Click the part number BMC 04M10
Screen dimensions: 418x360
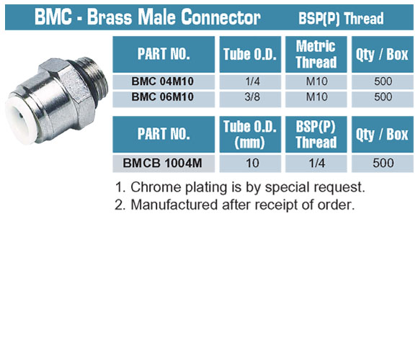[x=163, y=81]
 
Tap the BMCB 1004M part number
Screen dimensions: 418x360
[x=162, y=163]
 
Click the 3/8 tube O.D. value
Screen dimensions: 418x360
[x=252, y=96]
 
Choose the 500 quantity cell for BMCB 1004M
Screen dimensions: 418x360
[x=383, y=163]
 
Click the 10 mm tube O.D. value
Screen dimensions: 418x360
[x=252, y=163]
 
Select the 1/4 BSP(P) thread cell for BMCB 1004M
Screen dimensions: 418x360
[x=316, y=163]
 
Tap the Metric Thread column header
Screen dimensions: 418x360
[x=316, y=54]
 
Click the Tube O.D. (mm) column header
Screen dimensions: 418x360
[x=250, y=134]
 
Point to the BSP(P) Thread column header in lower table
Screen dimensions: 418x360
[x=316, y=134]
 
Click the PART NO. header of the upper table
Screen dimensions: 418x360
[x=164, y=54]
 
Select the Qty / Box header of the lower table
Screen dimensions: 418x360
[x=382, y=134]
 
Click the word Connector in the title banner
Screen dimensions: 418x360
[x=221, y=17]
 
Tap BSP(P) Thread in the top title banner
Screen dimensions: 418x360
[x=341, y=19]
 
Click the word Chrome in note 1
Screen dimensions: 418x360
[x=156, y=187]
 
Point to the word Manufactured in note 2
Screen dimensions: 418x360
[x=174, y=204]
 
